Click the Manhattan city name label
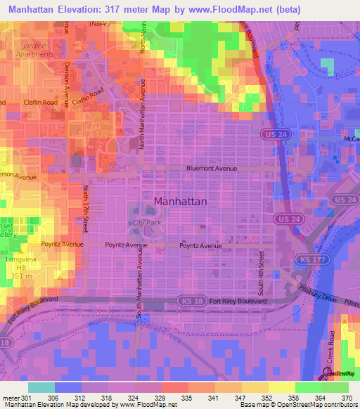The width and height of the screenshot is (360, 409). pos(180,201)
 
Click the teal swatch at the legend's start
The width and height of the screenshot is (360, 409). pos(41,387)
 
